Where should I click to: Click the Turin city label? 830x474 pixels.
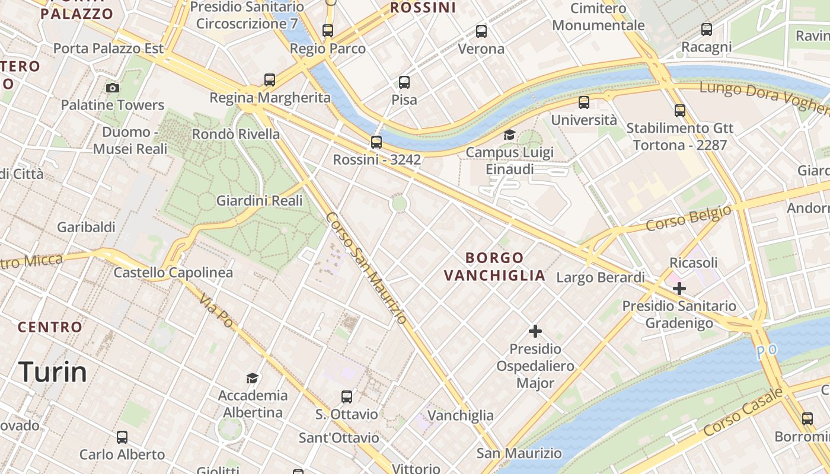pos(53,372)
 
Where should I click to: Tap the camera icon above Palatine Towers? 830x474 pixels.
pos(113,88)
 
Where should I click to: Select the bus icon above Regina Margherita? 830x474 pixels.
pos(270,79)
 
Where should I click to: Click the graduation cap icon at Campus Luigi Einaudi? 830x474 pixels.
pos(509,135)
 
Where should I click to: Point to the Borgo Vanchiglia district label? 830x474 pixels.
pos(495,267)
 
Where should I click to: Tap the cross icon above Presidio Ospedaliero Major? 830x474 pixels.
pos(535,331)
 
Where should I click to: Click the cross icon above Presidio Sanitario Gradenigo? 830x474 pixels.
pos(679,289)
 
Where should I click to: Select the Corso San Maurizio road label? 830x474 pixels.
pos(366,268)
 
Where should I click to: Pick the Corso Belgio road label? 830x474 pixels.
pos(688,219)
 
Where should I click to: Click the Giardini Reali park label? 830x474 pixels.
pos(255,201)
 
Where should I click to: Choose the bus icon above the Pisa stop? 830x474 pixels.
pos(404,82)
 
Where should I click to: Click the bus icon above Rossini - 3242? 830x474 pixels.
pos(376,142)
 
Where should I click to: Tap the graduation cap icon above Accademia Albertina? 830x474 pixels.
pos(253,378)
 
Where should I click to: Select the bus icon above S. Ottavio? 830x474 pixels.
pos(347,396)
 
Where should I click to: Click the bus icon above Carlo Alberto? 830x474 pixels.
pos(122,437)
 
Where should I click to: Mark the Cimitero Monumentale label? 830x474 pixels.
pos(598,17)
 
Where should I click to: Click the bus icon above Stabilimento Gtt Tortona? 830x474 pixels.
pos(680,110)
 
